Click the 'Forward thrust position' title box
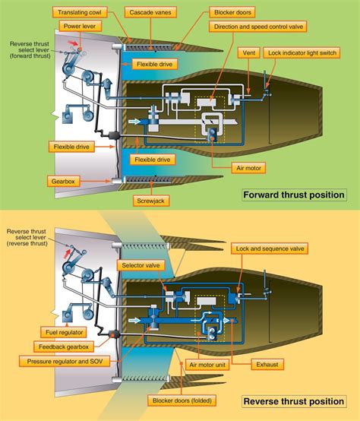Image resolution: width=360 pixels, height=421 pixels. pyautogui.click(x=293, y=195)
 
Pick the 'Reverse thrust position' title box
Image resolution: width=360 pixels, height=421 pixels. pyautogui.click(x=293, y=400)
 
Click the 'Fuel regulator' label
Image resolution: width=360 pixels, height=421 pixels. pyautogui.click(x=62, y=331)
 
